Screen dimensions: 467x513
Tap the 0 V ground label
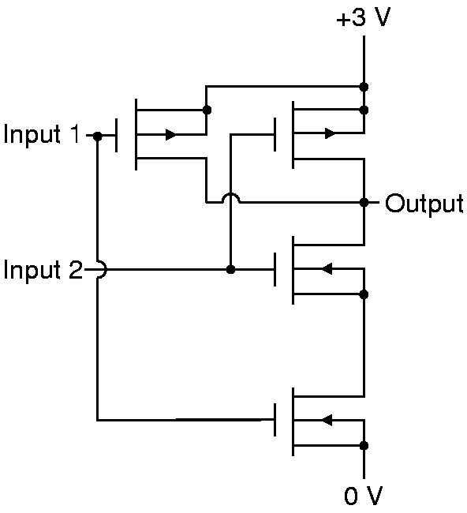click(x=364, y=496)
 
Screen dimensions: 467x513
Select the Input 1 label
click(x=41, y=134)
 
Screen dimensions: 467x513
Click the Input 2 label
click(x=43, y=270)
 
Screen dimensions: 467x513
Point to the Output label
click(x=424, y=204)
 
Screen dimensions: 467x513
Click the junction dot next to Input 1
click(x=98, y=136)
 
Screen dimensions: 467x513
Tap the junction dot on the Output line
click(x=364, y=203)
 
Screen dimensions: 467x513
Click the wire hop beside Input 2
click(x=102, y=270)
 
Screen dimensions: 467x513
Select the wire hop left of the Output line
click(x=231, y=197)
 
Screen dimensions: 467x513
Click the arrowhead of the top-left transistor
click(x=170, y=134)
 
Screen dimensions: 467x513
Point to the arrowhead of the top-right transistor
click(x=330, y=133)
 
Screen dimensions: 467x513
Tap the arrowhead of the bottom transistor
click(x=327, y=420)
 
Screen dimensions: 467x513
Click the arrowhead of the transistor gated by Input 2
click(x=327, y=269)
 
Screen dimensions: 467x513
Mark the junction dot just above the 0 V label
click(x=364, y=446)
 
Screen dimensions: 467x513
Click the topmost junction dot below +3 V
click(x=364, y=87)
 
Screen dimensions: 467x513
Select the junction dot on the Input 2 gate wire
click(x=230, y=270)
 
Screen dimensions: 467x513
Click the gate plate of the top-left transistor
click(x=117, y=135)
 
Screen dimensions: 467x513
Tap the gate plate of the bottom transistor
click(x=275, y=420)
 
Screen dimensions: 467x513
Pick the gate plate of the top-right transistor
click(x=275, y=134)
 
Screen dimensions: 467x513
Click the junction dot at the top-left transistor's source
click(x=207, y=110)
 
